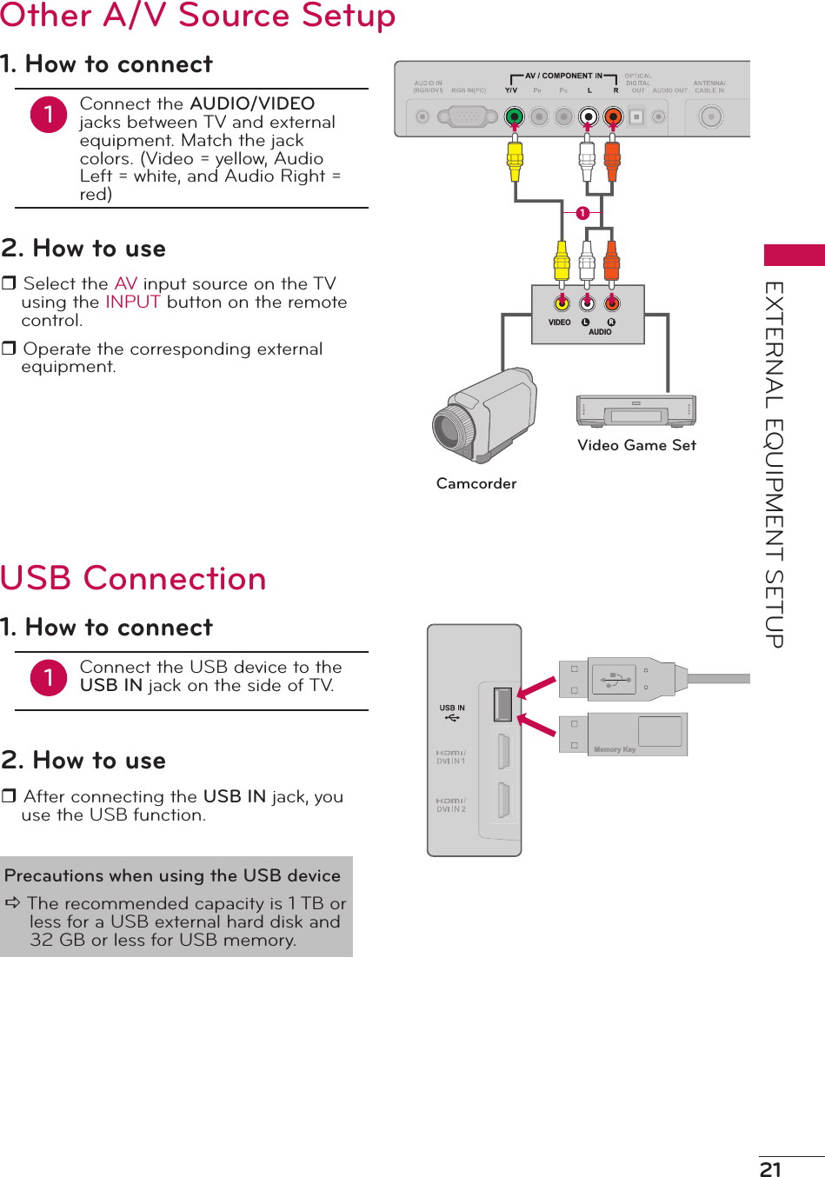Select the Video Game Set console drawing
point(636,411)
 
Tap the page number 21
point(770,1169)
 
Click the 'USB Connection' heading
point(133,579)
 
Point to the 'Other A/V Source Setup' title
point(197,16)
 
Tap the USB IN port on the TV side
point(502,704)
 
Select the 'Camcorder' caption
point(476,483)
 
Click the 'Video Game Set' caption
point(636,445)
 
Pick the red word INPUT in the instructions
point(133,303)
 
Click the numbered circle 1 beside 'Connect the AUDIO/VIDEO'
point(49,115)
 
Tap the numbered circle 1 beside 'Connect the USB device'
point(49,678)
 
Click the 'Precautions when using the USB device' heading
point(172,875)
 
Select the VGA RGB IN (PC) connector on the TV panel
point(468,116)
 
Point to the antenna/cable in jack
point(711,116)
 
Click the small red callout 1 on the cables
point(582,213)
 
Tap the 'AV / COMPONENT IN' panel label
point(563,76)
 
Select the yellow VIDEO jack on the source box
point(562,303)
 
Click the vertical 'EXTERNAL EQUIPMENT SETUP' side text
point(775,464)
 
